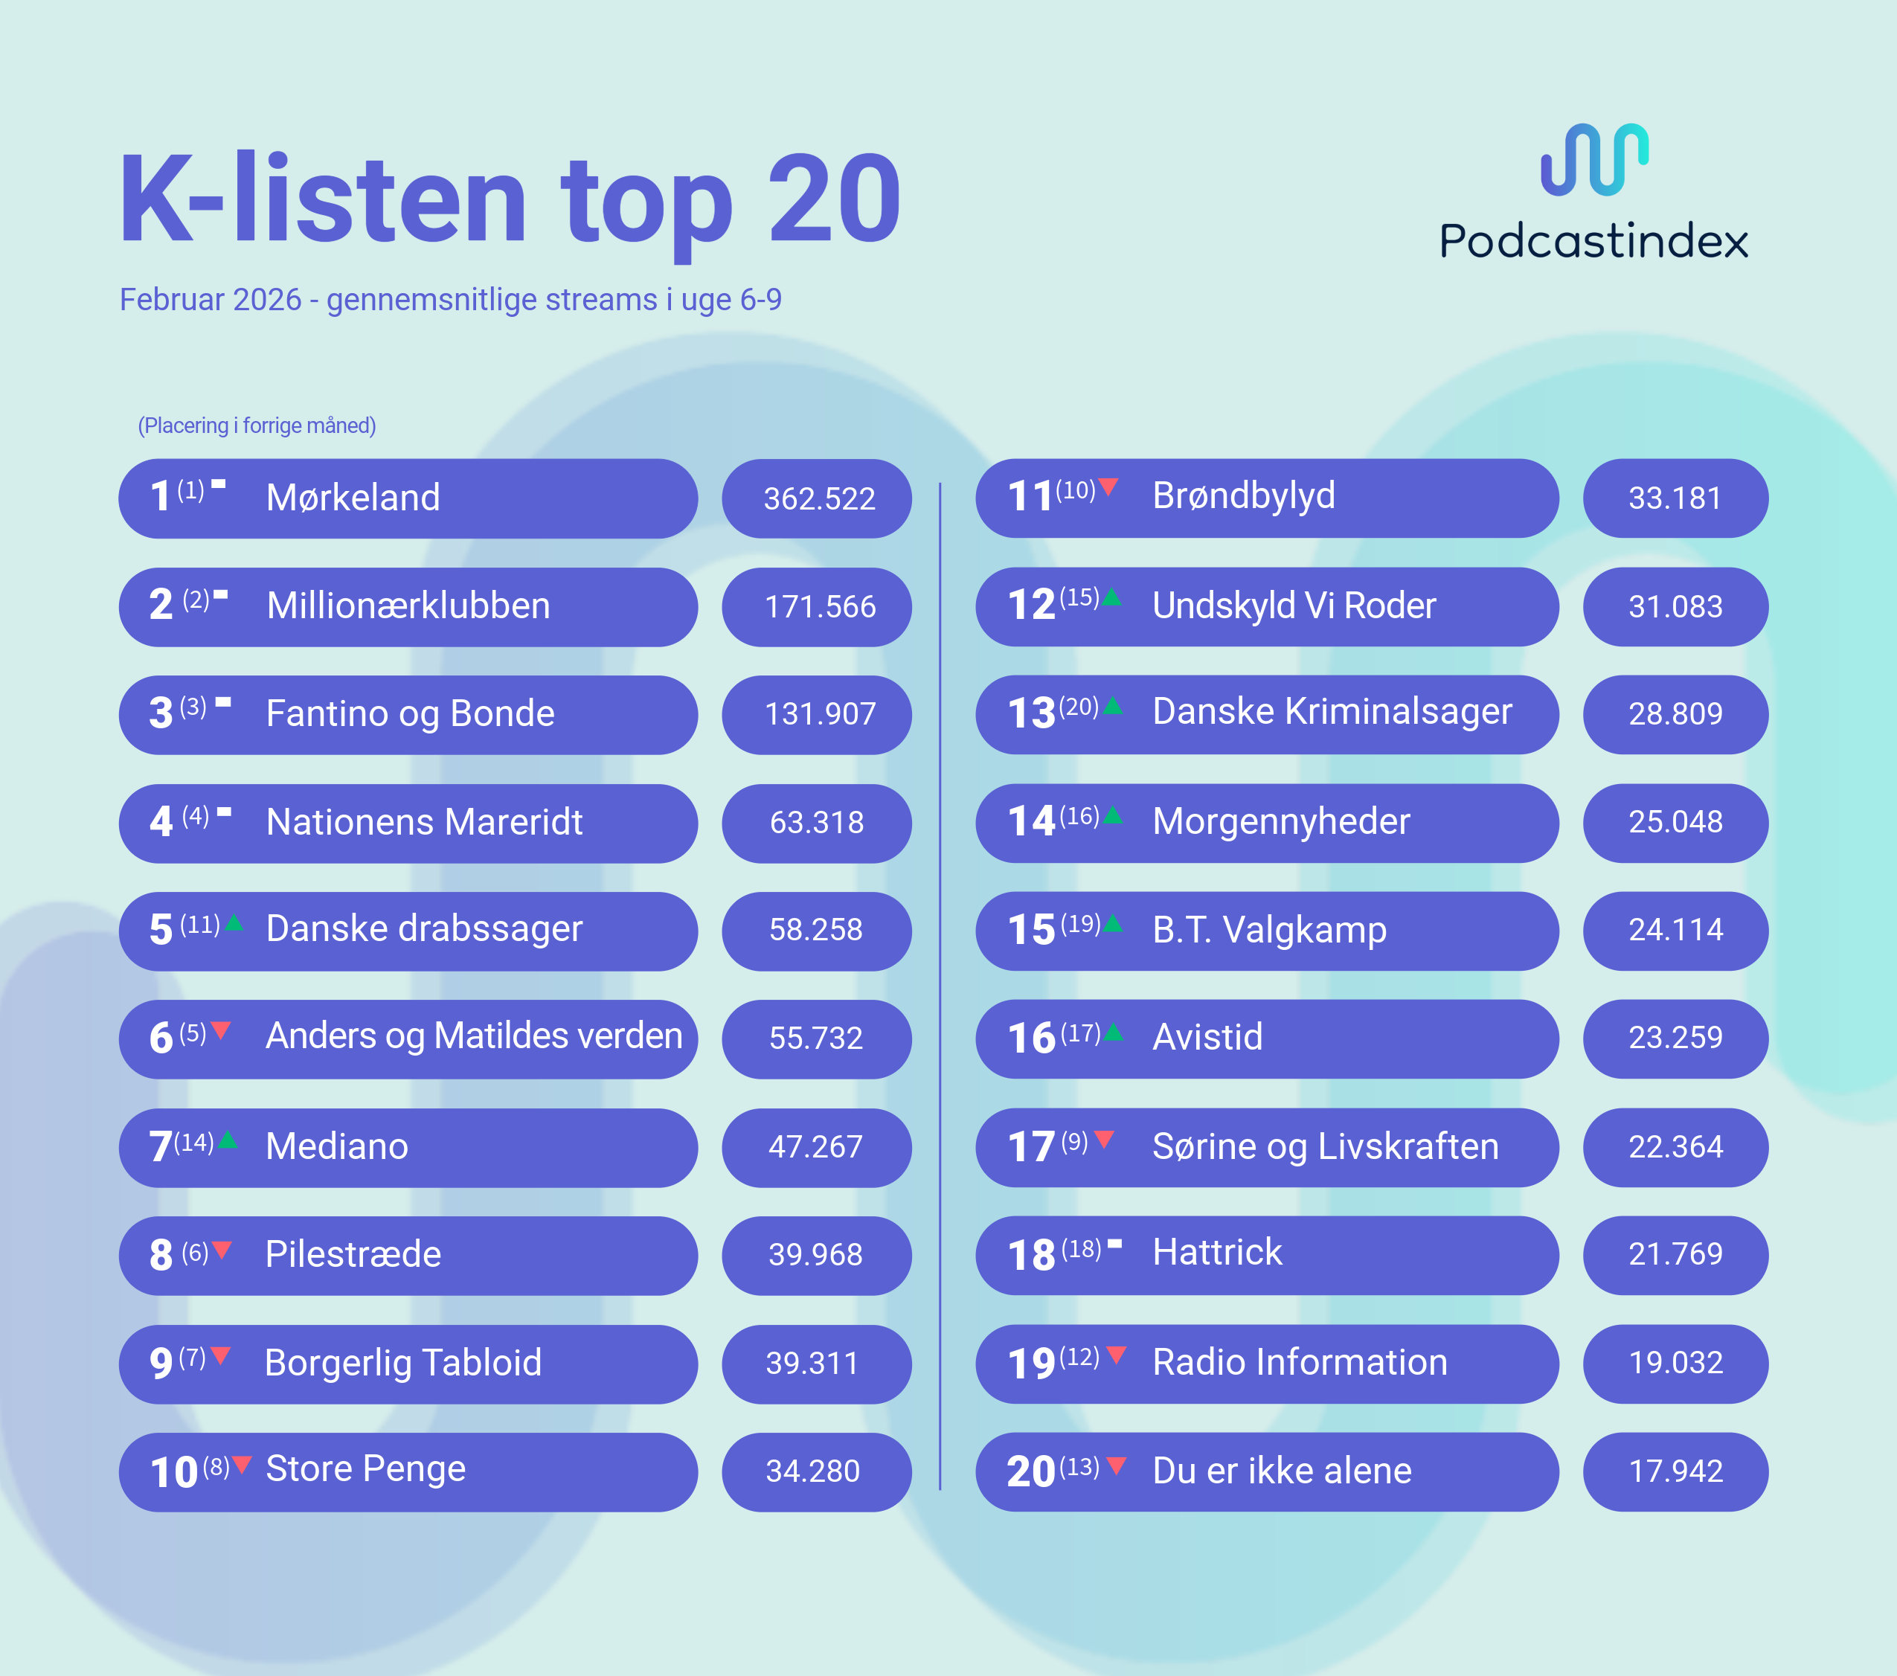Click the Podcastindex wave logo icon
(1593, 160)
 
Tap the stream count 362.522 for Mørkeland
(818, 499)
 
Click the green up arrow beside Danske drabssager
(234, 922)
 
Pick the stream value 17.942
(1675, 1471)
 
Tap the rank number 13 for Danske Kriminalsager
(1031, 713)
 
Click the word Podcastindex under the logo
(1593, 241)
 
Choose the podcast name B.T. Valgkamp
(1268, 930)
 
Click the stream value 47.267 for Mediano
(815, 1147)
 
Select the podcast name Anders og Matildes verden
(473, 1036)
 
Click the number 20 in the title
(833, 199)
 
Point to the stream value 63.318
(816, 822)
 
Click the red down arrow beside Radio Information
(1117, 1355)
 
